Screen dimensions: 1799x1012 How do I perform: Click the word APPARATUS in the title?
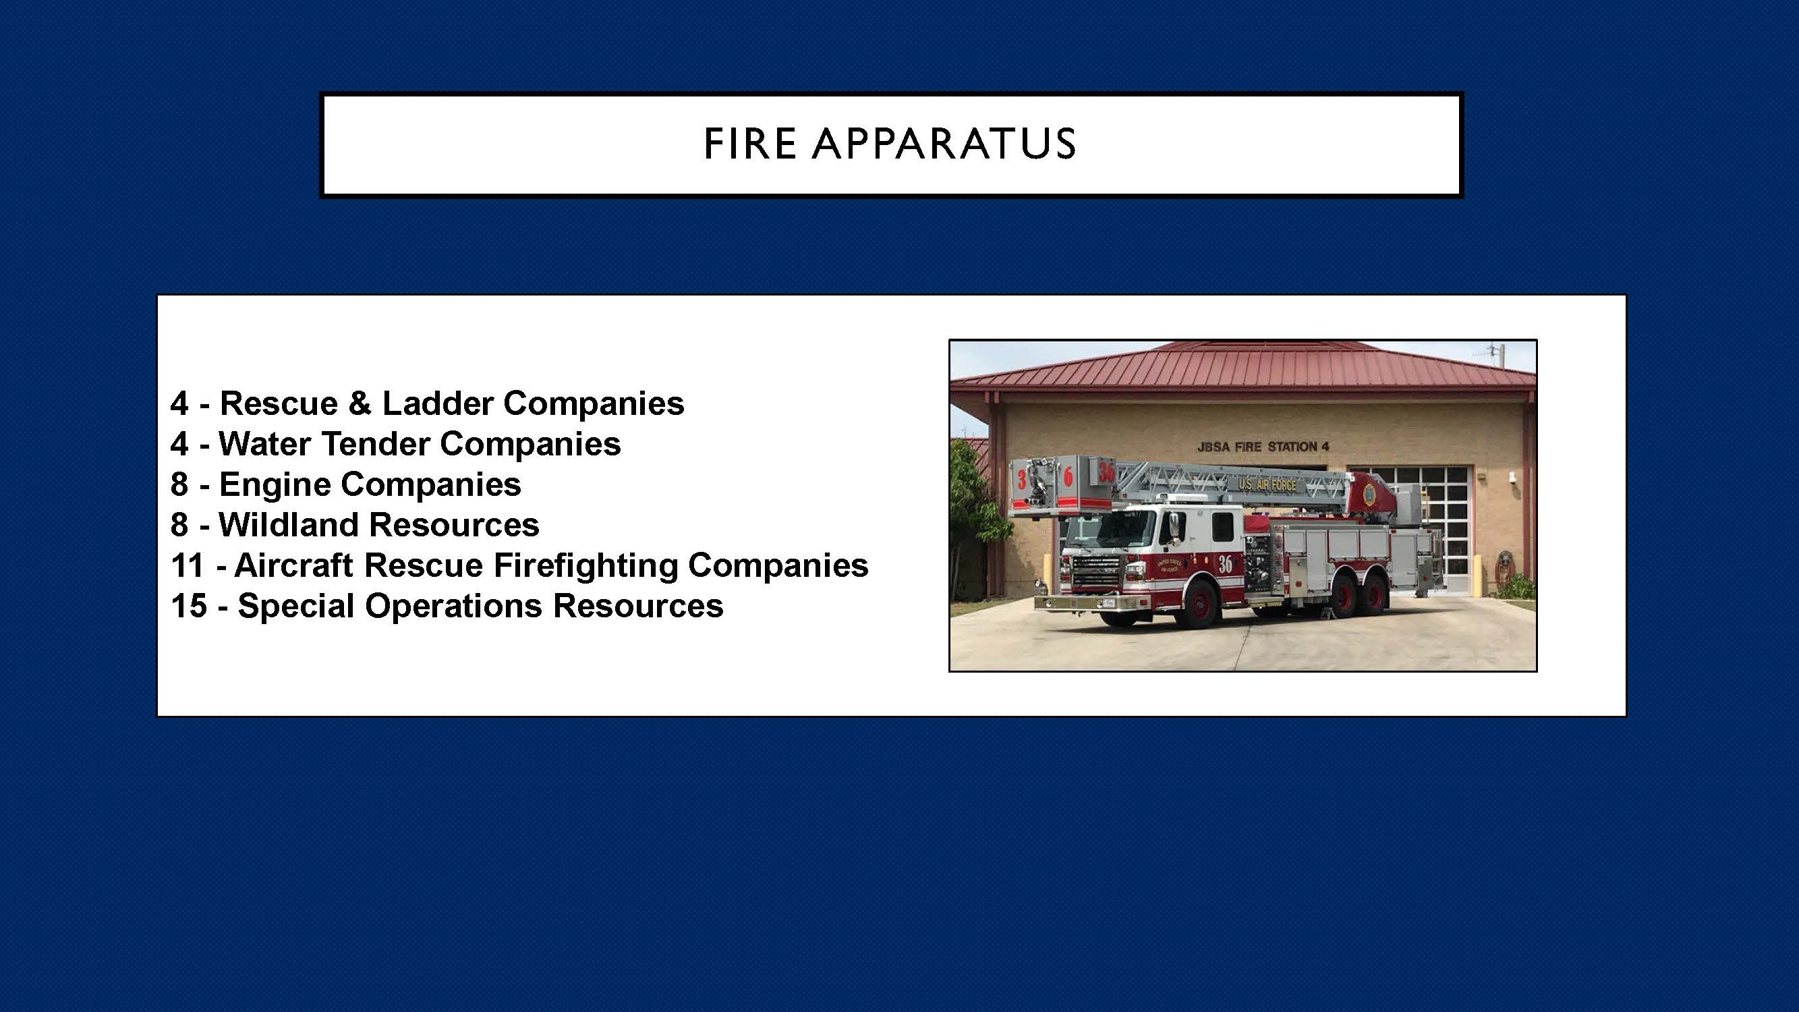pos(944,144)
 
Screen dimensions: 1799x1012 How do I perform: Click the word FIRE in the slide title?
pos(750,144)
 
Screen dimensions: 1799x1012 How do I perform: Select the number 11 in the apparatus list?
pos(187,566)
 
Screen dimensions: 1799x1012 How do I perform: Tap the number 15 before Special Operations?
pos(189,607)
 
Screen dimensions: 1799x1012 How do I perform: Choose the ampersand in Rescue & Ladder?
pos(359,403)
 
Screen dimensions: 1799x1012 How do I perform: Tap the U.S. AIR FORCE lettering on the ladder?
pos(1267,484)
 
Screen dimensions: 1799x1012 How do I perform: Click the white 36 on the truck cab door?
pos(1225,564)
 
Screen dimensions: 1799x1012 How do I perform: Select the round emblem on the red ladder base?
pos(1369,493)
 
